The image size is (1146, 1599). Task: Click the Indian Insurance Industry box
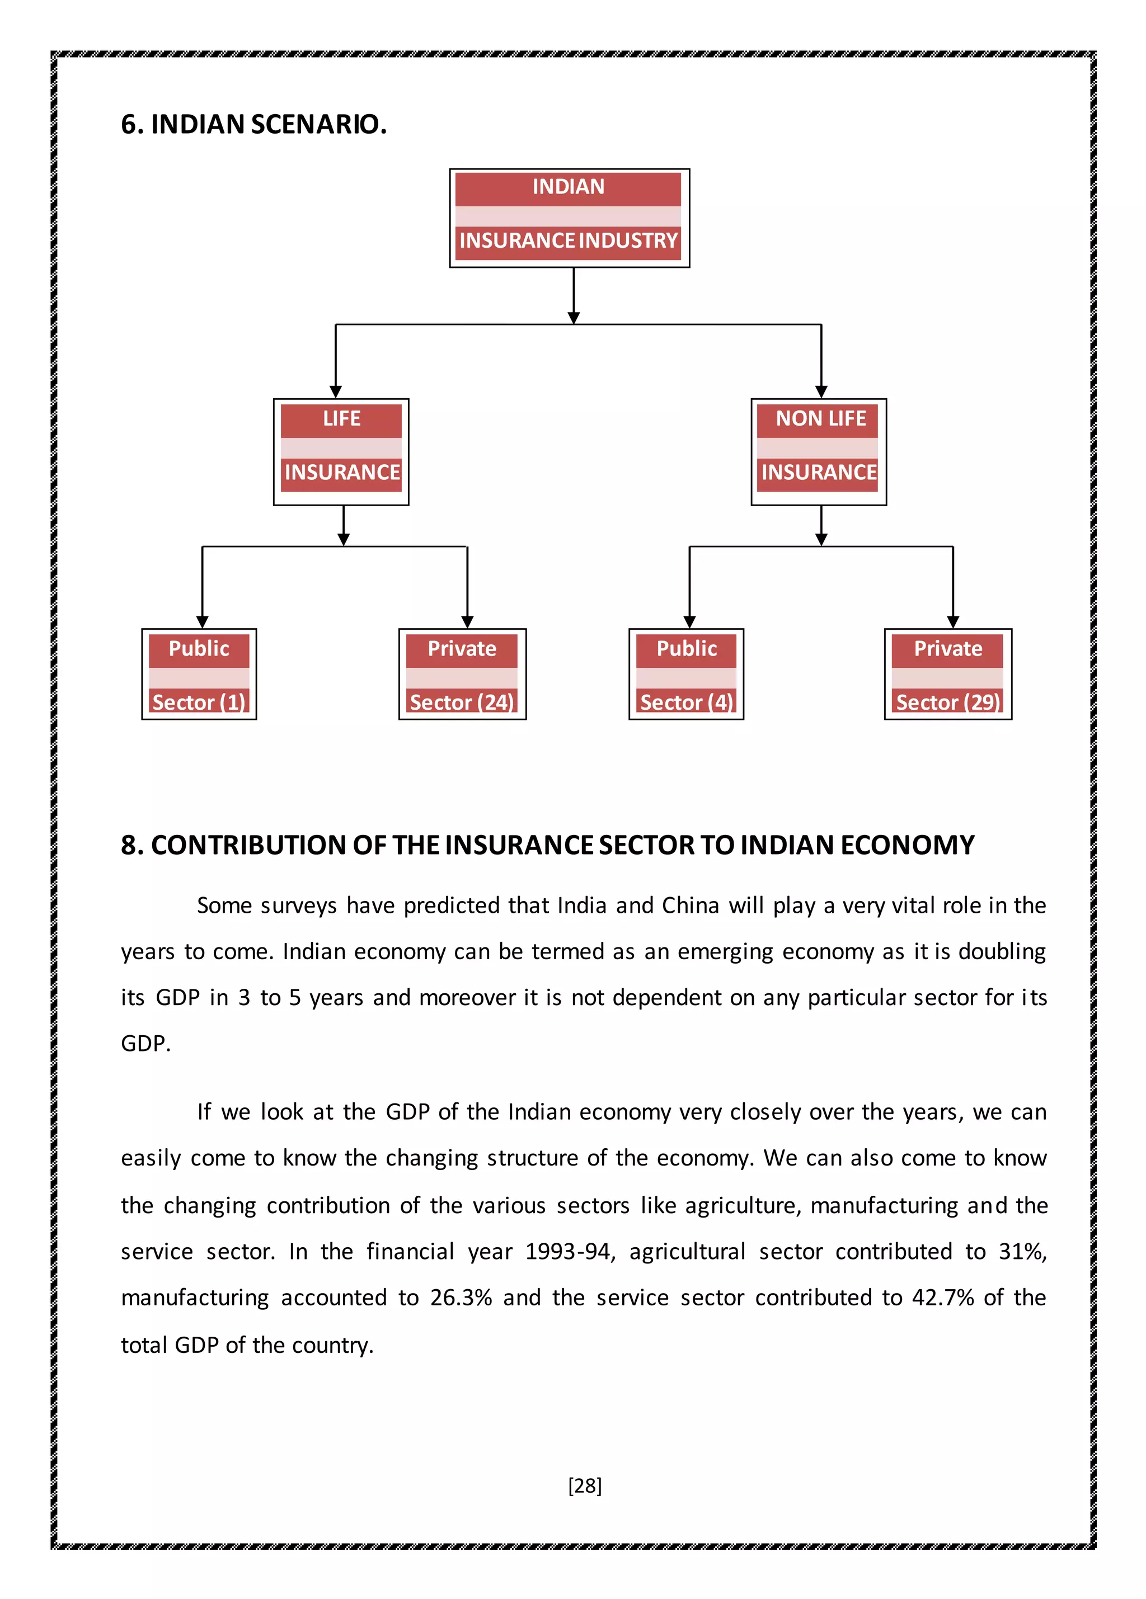tap(569, 218)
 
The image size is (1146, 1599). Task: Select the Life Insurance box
tap(341, 452)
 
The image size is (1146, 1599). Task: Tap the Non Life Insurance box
tap(818, 452)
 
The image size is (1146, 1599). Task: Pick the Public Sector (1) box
tap(199, 674)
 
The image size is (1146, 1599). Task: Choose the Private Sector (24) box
tap(462, 674)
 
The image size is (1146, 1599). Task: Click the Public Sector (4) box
tap(686, 674)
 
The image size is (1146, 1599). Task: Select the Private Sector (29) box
tap(948, 674)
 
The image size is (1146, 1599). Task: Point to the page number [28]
tap(585, 1485)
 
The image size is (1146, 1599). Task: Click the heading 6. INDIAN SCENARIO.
tap(254, 124)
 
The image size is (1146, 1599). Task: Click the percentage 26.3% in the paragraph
tap(461, 1297)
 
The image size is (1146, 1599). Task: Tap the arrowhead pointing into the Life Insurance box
tap(336, 392)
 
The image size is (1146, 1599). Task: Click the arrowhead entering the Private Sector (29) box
tap(953, 622)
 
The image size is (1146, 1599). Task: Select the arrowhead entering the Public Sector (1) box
tap(203, 622)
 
